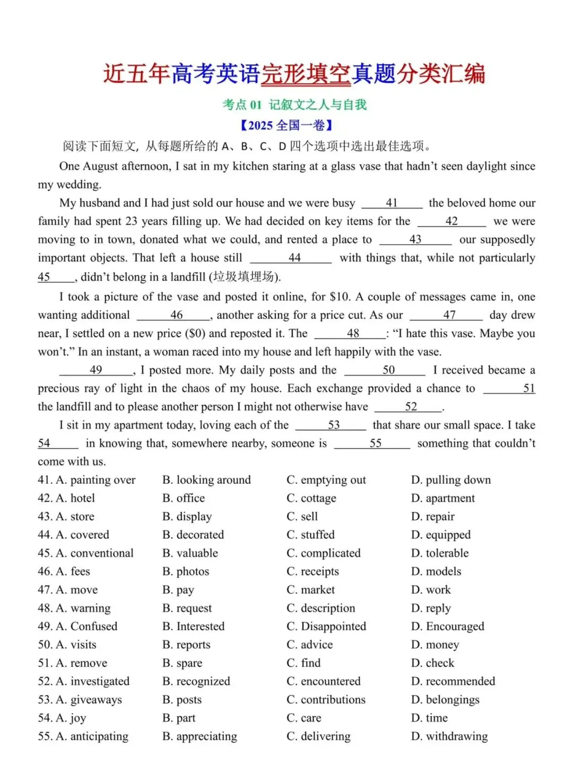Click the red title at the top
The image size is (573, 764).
pos(294,74)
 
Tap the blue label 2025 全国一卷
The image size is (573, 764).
pos(286,126)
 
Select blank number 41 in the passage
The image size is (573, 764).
pos(392,203)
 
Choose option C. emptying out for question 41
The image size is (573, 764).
pos(326,480)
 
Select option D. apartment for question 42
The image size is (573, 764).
pos(443,498)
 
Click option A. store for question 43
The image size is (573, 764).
pos(75,517)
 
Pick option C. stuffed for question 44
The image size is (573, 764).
pos(311,535)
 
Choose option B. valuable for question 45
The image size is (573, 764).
pos(190,553)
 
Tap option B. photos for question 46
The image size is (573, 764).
pos(186,571)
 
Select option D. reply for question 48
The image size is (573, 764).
pos(431,608)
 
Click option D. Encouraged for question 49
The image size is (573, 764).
pos(448,627)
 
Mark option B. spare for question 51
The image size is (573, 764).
pos(183,663)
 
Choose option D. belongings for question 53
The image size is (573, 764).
pos(445,700)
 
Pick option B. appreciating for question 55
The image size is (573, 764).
pos(200,736)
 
